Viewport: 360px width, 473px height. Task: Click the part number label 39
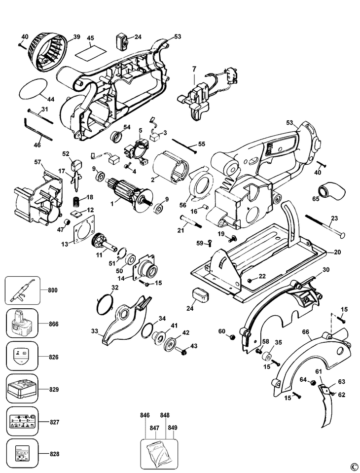click(77, 37)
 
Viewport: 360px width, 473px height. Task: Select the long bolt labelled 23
click(325, 226)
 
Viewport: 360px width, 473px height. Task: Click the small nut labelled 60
click(232, 337)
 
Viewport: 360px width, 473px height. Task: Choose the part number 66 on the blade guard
click(305, 332)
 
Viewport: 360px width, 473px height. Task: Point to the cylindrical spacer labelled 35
click(266, 356)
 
